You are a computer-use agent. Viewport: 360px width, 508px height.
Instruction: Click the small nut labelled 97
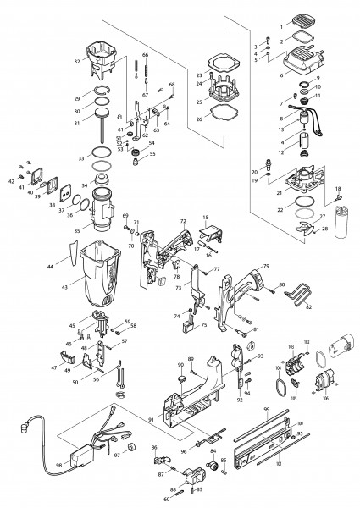click(132, 446)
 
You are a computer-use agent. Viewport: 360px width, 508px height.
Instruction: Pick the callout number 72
click(182, 221)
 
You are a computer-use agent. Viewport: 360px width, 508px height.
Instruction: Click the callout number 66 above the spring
click(146, 55)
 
